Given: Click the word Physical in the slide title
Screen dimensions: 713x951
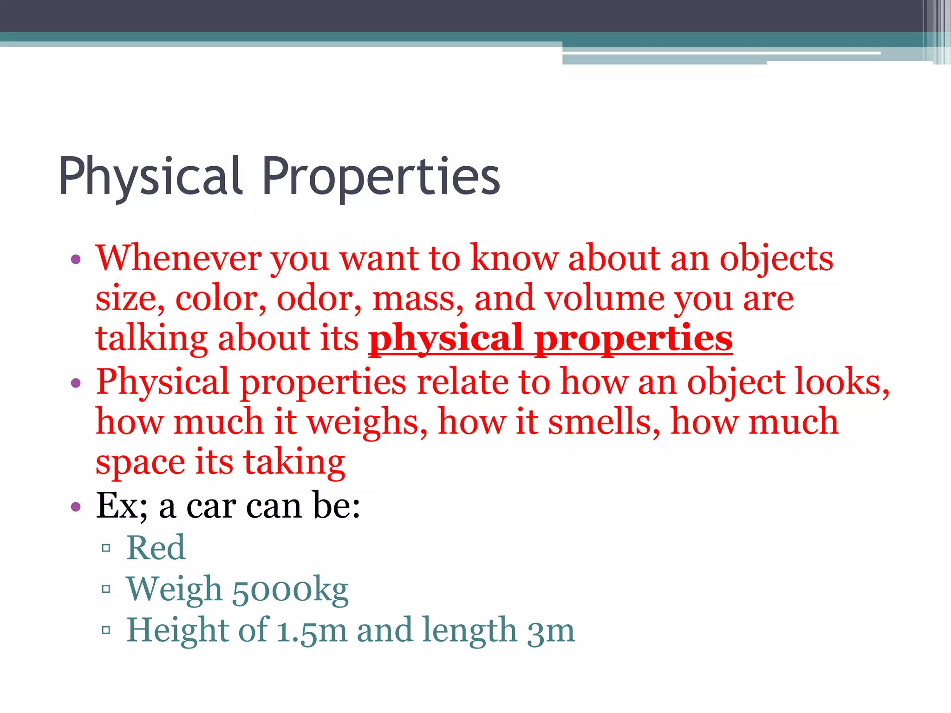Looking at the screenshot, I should tap(150, 176).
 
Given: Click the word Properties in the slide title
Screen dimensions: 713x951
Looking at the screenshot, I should tap(381, 176).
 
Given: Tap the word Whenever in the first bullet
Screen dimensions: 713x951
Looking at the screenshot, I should tap(178, 258).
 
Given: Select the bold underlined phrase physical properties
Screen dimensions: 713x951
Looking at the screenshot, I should tap(550, 339).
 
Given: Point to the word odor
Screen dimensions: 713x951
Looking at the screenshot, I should tap(319, 298).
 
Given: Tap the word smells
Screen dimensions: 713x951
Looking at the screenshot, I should tap(604, 422).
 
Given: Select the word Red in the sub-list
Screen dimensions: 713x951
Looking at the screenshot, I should tap(156, 548).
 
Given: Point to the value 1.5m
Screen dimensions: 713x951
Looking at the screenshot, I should tap(312, 630).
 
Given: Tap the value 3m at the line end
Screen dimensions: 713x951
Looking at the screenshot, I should tap(551, 630).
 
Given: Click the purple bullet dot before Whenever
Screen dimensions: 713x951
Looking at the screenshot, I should tap(76, 259).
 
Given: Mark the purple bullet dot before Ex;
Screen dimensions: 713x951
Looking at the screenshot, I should tap(76, 506).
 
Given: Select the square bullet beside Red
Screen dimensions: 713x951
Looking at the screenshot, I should tap(106, 548).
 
